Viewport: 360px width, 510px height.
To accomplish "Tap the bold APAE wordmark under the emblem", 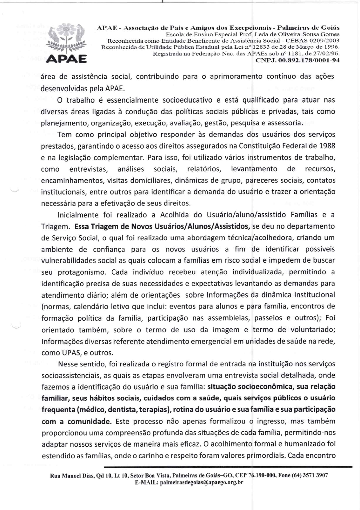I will pyautogui.click(x=66, y=59).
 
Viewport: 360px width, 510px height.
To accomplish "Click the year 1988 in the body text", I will pyautogui.click(x=327, y=146).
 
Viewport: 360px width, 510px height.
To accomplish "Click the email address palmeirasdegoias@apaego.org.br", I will pyautogui.click(x=201, y=482).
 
